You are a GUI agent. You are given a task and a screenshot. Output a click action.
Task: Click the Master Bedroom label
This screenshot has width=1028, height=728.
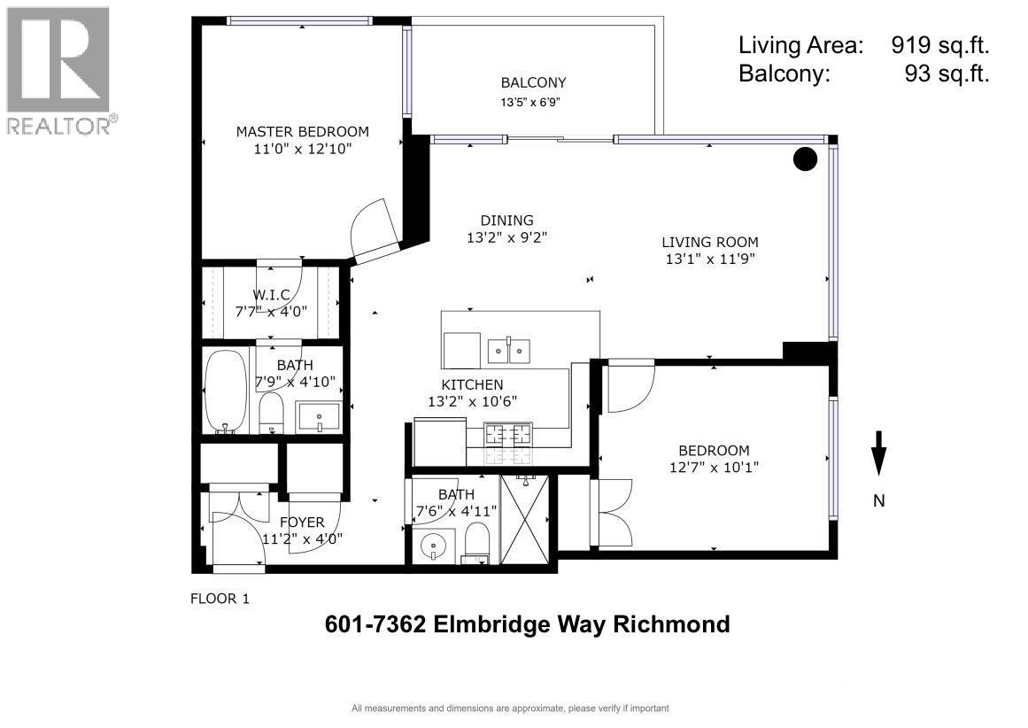[x=302, y=131]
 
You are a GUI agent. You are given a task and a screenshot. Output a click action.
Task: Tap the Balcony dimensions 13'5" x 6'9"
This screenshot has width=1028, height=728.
[x=533, y=102]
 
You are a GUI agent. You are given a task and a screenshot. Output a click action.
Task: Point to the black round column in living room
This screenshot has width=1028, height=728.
[x=804, y=159]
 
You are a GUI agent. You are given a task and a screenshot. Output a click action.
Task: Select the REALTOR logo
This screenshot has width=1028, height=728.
[x=59, y=69]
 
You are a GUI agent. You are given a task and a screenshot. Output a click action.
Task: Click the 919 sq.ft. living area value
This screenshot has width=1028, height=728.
[x=939, y=45]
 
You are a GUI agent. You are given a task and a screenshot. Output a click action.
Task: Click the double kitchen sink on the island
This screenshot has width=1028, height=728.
[x=509, y=352]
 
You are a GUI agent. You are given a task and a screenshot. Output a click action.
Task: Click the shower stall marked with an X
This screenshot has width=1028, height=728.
[x=525, y=518]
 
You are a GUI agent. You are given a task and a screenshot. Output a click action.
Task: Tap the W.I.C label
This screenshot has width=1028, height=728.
[x=271, y=294]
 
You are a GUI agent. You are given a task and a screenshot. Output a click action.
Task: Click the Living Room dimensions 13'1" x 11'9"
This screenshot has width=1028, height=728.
[x=709, y=259]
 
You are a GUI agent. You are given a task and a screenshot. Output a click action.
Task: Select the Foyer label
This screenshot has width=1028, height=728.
[x=302, y=522]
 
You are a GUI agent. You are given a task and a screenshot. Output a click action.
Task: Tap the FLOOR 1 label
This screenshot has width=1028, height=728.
[x=220, y=599]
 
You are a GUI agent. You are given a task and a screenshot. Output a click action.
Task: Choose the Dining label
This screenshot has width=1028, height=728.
[x=506, y=221]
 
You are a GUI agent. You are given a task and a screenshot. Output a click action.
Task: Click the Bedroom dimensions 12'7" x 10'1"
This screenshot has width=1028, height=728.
[x=714, y=467]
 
